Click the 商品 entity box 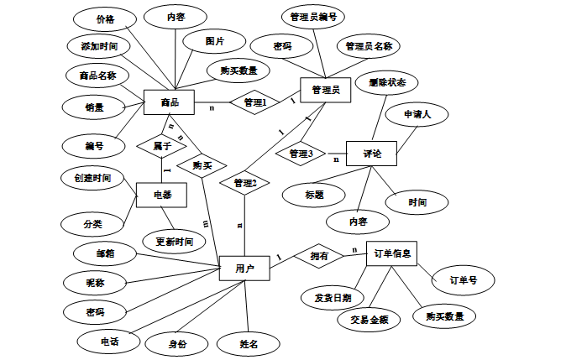(169, 102)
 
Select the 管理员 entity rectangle (326, 90)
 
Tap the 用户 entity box (244, 269)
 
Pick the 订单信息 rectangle (391, 253)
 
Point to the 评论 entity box (371, 154)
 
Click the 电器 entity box (161, 195)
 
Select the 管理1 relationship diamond (254, 102)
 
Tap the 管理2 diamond (245, 183)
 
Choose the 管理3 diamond (301, 154)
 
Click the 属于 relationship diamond (162, 146)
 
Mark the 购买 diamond (202, 165)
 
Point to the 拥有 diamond (319, 256)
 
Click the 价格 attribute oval (105, 19)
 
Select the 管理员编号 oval (313, 17)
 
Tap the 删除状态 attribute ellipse (387, 82)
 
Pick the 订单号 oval (463, 280)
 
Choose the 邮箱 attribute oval (105, 253)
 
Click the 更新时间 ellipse (174, 242)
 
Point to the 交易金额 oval (369, 320)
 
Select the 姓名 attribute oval (249, 344)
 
